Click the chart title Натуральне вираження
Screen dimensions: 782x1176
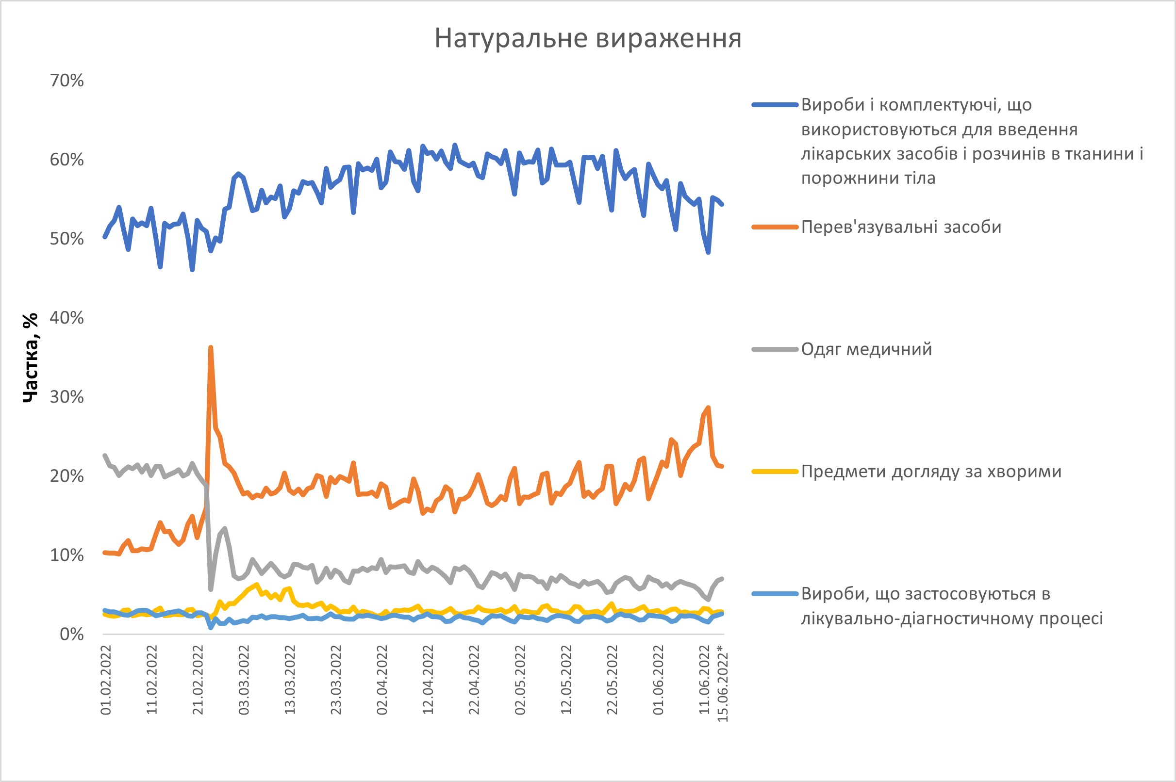[588, 38]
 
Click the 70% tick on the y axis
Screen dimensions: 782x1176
[67, 81]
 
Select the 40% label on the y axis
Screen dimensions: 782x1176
[67, 318]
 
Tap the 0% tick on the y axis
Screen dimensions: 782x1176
[72, 634]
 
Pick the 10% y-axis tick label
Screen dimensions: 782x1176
[67, 555]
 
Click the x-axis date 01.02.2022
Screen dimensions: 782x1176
[106, 680]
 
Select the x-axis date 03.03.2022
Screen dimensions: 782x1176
[244, 680]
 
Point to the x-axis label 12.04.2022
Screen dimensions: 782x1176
[428, 680]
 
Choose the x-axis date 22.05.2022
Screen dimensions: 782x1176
[612, 680]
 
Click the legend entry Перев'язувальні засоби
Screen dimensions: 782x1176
[901, 228]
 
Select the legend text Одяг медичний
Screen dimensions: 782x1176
[866, 349]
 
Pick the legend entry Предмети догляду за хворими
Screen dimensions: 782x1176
[931, 472]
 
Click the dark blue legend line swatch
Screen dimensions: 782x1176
[775, 105]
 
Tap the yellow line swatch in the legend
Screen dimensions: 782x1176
[775, 472]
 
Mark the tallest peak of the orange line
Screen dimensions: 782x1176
[211, 348]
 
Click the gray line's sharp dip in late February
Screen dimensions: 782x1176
[211, 589]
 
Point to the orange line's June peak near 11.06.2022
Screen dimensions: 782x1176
[708, 408]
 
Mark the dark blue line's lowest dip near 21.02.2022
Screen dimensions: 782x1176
[192, 270]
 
